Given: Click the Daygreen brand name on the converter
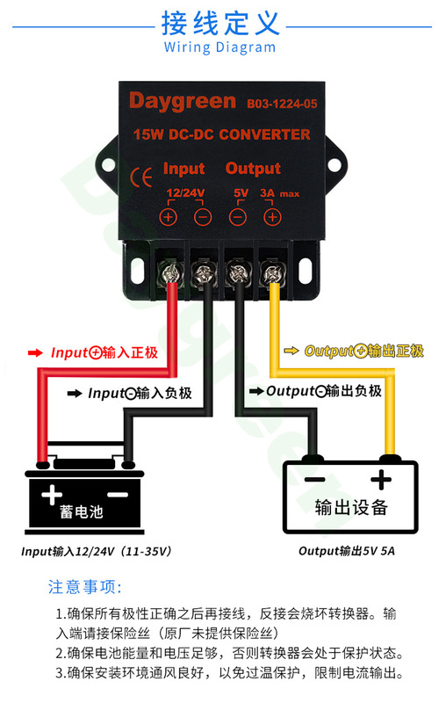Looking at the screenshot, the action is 183,102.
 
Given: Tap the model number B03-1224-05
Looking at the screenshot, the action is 282,104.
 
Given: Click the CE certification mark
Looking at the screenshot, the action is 141,177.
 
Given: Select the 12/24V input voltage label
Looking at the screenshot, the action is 185,192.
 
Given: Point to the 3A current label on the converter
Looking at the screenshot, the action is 267,192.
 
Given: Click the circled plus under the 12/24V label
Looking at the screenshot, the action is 169,217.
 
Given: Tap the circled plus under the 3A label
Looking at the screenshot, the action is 272,217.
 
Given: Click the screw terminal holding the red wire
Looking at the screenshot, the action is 170,272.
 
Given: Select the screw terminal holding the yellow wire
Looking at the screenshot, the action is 271,272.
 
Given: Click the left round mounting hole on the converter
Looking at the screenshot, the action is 108,165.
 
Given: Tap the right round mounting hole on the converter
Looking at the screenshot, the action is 334,165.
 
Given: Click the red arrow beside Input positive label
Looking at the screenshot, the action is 35,353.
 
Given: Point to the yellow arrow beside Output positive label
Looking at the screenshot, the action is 291,351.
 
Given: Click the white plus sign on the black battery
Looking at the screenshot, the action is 52,495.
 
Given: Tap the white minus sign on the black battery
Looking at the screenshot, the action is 119,495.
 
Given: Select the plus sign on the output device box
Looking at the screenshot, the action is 381,479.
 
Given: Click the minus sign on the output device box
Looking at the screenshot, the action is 315,480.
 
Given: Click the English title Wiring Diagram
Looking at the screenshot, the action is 219,47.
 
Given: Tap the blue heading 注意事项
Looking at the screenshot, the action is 84,587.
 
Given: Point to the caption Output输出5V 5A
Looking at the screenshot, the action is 347,551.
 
